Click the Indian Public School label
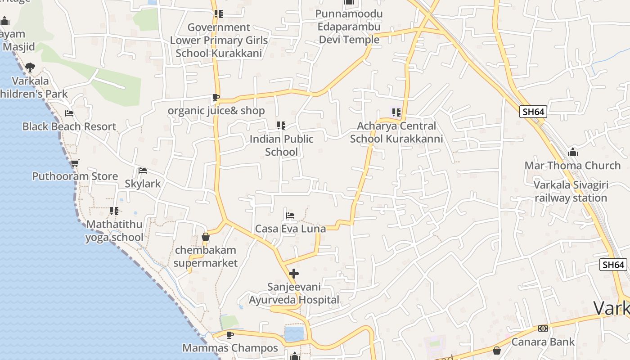[x=281, y=145]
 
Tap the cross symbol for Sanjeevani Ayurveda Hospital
[x=294, y=273]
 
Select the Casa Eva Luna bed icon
[x=290, y=216]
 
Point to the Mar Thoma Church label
[x=572, y=166]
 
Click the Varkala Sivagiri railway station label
[x=571, y=192]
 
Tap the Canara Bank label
[x=543, y=342]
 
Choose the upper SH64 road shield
[x=533, y=112]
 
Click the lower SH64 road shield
[x=613, y=265]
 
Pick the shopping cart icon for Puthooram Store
[x=75, y=163]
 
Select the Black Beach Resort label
[x=69, y=126]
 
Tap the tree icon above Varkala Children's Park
[x=30, y=67]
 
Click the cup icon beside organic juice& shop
[x=216, y=98]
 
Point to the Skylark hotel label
[x=143, y=184]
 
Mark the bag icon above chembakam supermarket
[x=206, y=237]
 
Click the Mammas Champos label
[x=230, y=348]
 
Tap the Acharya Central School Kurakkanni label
[x=396, y=132]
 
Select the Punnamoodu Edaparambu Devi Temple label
[x=349, y=27]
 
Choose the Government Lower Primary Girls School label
[x=219, y=40]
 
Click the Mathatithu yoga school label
[x=114, y=230]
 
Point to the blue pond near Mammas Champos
[x=294, y=334]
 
